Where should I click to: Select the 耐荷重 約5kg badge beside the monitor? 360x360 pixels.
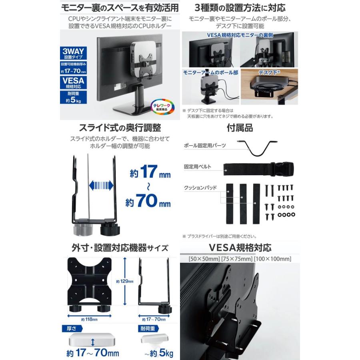(x=72, y=97)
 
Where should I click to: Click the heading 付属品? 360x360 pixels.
(x=240, y=128)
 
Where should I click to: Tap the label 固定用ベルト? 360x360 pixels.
(x=198, y=166)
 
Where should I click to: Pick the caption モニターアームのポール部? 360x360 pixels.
(x=210, y=73)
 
